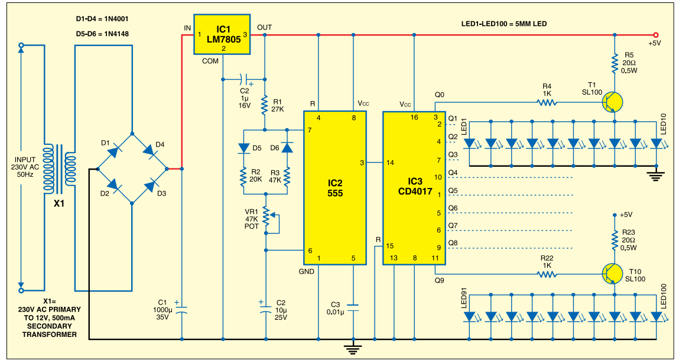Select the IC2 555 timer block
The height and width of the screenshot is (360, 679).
click(334, 187)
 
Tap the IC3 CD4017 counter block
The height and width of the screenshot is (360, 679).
click(413, 187)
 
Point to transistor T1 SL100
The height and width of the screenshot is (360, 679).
click(613, 102)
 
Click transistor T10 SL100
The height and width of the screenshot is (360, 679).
click(613, 273)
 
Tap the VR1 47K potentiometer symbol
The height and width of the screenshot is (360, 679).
click(267, 218)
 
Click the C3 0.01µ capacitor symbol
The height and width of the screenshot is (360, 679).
click(353, 307)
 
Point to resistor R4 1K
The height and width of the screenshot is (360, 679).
click(547, 102)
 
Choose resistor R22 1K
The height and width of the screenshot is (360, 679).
click(547, 273)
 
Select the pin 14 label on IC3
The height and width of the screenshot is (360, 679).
click(391, 162)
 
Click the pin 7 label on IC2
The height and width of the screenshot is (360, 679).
click(308, 130)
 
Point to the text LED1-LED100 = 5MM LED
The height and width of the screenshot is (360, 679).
click(503, 24)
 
